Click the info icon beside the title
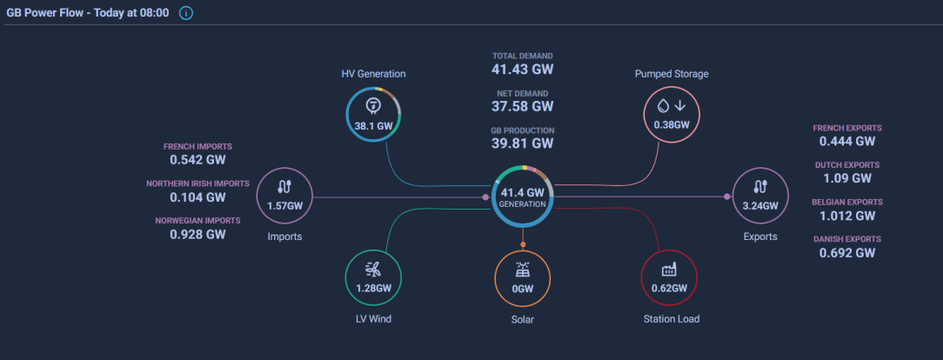[186, 14]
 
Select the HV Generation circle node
[372, 113]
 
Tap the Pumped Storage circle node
[671, 113]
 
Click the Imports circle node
[284, 196]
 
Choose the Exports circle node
[759, 196]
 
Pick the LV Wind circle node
[372, 277]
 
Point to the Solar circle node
[522, 277]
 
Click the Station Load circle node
[669, 277]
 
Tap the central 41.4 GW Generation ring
[522, 197]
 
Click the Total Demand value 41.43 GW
[522, 69]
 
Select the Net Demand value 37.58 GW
[522, 106]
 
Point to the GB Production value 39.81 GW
[522, 143]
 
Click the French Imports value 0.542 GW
[197, 160]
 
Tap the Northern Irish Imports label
[197, 183]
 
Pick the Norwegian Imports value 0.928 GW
[197, 234]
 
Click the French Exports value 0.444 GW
[846, 141]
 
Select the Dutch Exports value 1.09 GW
[846, 178]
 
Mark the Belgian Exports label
[846, 202]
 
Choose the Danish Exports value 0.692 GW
[846, 253]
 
